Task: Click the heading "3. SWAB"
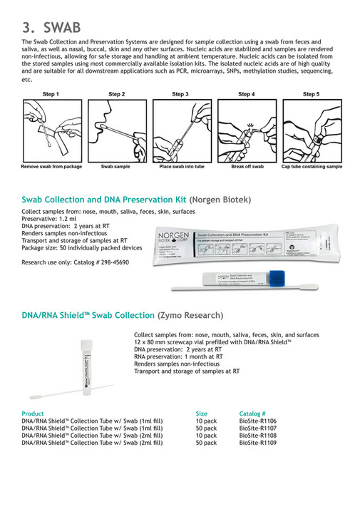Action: pyautogui.click(x=51, y=27)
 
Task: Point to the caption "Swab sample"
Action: pyautogui.click(x=116, y=166)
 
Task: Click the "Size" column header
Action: pyautogui.click(x=202, y=413)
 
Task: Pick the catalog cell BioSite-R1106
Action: pyautogui.click(x=257, y=421)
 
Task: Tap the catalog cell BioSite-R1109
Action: pyautogui.click(x=257, y=443)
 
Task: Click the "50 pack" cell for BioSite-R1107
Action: pyautogui.click(x=206, y=428)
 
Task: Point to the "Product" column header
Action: pyautogui.click(x=33, y=413)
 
